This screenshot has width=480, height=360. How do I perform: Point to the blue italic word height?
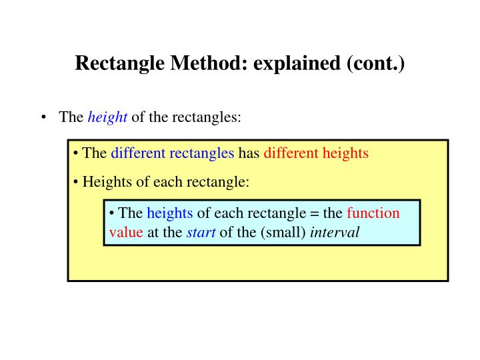(107, 117)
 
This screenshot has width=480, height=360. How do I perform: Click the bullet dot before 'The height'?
(44, 117)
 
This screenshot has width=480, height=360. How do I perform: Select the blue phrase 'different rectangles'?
(172, 153)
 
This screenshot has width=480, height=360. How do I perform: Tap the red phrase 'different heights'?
(316, 153)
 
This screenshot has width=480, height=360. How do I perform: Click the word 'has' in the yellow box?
(249, 153)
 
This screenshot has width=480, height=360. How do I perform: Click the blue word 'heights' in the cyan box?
(170, 213)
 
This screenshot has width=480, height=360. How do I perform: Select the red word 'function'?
(373, 213)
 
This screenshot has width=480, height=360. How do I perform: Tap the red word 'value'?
(125, 232)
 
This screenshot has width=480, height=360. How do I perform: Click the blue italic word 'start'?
(195, 232)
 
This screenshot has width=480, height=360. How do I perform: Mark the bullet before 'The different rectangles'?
(77, 153)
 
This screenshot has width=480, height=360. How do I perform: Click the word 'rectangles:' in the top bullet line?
(207, 117)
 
